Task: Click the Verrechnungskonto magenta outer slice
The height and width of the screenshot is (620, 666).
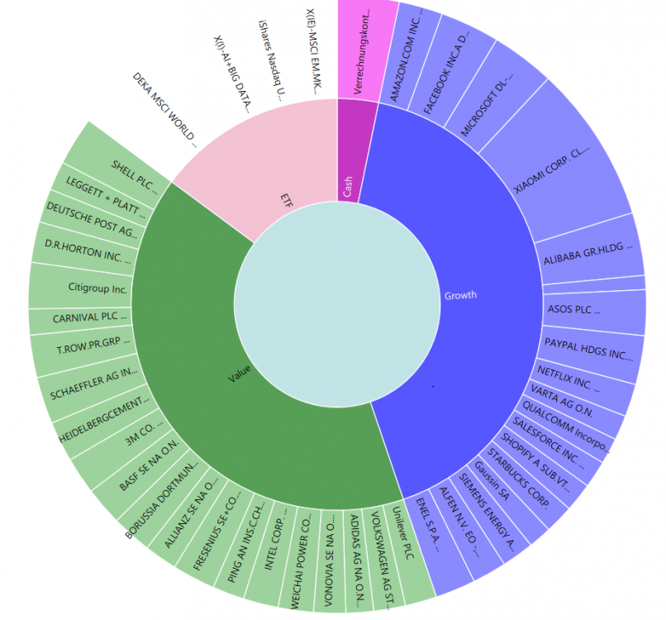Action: pyautogui.click(x=364, y=51)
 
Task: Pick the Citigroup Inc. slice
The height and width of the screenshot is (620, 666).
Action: pyautogui.click(x=81, y=285)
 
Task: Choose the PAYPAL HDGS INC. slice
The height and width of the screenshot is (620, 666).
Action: pyautogui.click(x=588, y=351)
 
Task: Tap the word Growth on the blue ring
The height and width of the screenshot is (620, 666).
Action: pyautogui.click(x=460, y=295)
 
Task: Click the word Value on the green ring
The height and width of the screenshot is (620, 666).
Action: pyautogui.click(x=240, y=373)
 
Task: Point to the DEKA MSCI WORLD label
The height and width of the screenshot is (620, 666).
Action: pyautogui.click(x=164, y=110)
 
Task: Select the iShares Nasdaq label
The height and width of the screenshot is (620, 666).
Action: pyautogui.click(x=271, y=60)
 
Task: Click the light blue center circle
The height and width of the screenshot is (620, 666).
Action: pyautogui.click(x=337, y=304)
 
